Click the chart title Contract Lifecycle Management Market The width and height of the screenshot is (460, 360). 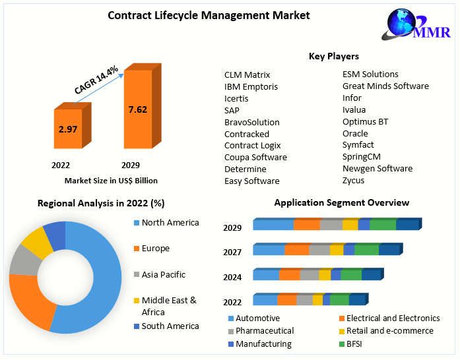pos(209,15)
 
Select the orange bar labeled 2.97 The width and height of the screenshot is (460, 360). pos(68,129)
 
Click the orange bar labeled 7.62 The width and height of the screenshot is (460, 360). pos(137,109)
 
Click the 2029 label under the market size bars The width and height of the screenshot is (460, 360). pos(131,165)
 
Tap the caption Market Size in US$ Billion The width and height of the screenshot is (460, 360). pos(111,180)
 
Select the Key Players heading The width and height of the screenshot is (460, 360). pos(334,57)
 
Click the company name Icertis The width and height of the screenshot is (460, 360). pos(236,98)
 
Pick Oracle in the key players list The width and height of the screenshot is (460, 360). pos(355,133)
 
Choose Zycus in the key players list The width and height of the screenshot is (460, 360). pos(353,180)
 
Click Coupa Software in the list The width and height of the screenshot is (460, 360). pos(255,157)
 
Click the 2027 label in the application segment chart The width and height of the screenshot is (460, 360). pos(232,252)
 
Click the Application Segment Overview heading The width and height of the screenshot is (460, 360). pos(341,202)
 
